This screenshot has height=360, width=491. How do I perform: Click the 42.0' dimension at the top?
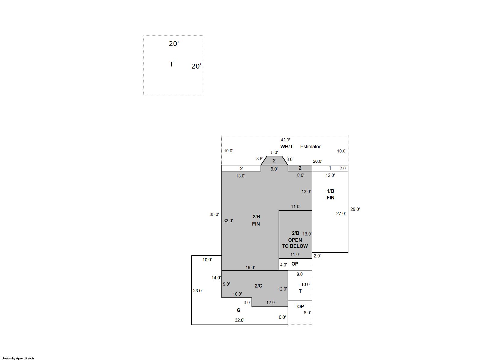(285, 140)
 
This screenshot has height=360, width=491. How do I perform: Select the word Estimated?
(311, 146)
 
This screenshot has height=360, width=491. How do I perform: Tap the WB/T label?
(286, 146)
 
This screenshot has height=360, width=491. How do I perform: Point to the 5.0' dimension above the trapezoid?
(274, 152)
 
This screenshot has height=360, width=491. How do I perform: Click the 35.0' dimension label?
(214, 214)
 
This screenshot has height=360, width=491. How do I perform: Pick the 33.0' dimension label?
(228, 221)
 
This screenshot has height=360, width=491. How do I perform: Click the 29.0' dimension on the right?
(355, 209)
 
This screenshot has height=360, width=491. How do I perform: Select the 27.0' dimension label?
(341, 214)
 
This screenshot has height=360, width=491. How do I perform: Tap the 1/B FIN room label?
(331, 194)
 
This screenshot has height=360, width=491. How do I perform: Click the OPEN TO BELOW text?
(295, 243)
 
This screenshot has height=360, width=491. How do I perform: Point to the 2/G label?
(258, 286)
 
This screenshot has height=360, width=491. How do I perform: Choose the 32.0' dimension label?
(239, 320)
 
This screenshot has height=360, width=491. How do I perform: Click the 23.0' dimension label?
(198, 291)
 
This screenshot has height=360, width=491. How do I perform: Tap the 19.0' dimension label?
(250, 268)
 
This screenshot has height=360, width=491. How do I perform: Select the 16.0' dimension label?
(307, 234)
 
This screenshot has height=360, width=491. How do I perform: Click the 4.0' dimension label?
(283, 265)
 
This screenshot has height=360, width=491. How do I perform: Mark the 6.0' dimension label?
(282, 317)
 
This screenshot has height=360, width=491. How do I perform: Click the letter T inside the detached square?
(171, 64)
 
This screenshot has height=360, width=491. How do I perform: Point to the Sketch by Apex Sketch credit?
(18, 358)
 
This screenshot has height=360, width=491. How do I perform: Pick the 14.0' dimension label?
(216, 278)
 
